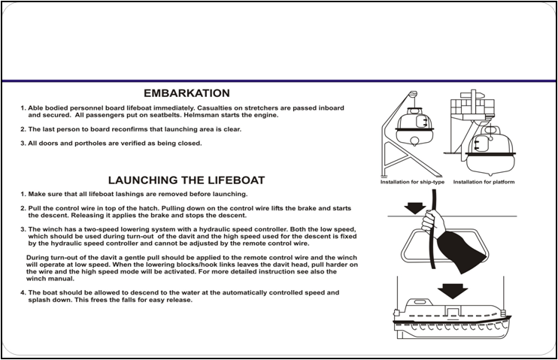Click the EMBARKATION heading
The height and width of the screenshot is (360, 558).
186,93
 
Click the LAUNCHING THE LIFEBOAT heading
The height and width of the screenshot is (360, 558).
186,180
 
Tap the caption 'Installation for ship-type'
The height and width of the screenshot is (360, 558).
413,182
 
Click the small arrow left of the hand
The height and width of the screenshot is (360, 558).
413,207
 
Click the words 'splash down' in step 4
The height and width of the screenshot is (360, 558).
50,301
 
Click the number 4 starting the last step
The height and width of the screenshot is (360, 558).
23,292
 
